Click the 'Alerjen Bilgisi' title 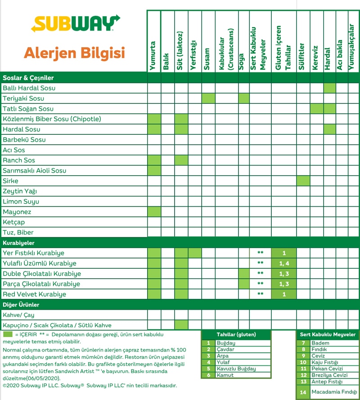(74, 53)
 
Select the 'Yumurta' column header (154, 56)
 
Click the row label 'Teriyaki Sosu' (23, 98)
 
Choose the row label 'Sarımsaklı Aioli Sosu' (35, 171)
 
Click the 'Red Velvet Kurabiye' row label (34, 294)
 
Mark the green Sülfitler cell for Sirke (303, 181)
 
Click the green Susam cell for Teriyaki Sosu (208, 98)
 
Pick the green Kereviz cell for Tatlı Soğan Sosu (316, 109)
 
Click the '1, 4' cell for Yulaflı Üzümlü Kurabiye (283, 263)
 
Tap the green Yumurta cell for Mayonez (154, 212)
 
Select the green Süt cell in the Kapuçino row (181, 325)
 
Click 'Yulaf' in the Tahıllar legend (223, 362)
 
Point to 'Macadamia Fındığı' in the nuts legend (334, 392)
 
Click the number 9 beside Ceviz (303, 356)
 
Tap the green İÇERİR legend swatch (8, 334)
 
